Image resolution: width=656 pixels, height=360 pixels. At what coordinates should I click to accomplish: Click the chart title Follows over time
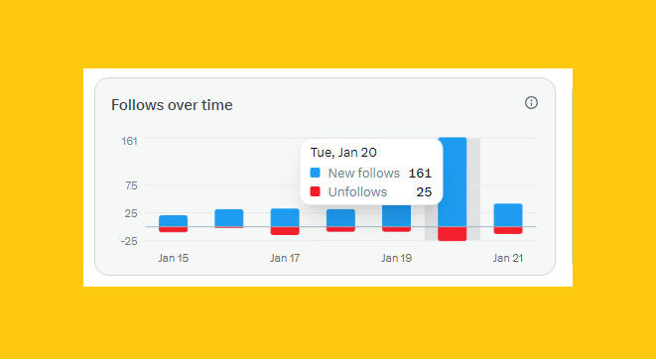172,104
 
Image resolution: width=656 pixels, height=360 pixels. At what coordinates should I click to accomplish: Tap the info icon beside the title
531,103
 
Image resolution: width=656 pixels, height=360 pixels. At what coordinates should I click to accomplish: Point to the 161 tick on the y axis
130,141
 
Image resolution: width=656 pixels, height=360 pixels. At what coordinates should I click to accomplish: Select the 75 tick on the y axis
131,185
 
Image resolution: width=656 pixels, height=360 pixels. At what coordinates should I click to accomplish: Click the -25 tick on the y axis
128,240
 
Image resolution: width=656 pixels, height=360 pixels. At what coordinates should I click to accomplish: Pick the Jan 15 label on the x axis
173,258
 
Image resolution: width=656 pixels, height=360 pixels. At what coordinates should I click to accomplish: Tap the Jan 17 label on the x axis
285,258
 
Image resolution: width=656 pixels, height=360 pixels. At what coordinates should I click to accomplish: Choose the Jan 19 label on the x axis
396,258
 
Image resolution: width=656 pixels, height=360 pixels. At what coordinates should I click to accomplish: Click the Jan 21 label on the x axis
508,258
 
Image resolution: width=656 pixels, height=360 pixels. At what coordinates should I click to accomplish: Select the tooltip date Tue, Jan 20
344,153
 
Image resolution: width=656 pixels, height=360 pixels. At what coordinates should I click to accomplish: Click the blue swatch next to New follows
316,173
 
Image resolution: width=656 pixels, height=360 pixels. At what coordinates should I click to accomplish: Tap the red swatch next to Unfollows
316,191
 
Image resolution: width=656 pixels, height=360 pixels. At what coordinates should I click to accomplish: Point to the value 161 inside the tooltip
420,173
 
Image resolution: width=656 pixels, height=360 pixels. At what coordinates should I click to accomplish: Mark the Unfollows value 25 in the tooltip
424,191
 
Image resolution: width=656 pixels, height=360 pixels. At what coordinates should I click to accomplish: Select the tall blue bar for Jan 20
453,182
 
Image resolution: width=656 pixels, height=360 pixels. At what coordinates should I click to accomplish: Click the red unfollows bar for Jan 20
453,234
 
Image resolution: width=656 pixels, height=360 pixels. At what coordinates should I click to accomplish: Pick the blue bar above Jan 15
173,221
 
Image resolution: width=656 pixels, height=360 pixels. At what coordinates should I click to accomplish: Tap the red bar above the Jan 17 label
285,231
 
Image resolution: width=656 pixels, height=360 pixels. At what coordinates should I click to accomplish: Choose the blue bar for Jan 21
508,215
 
